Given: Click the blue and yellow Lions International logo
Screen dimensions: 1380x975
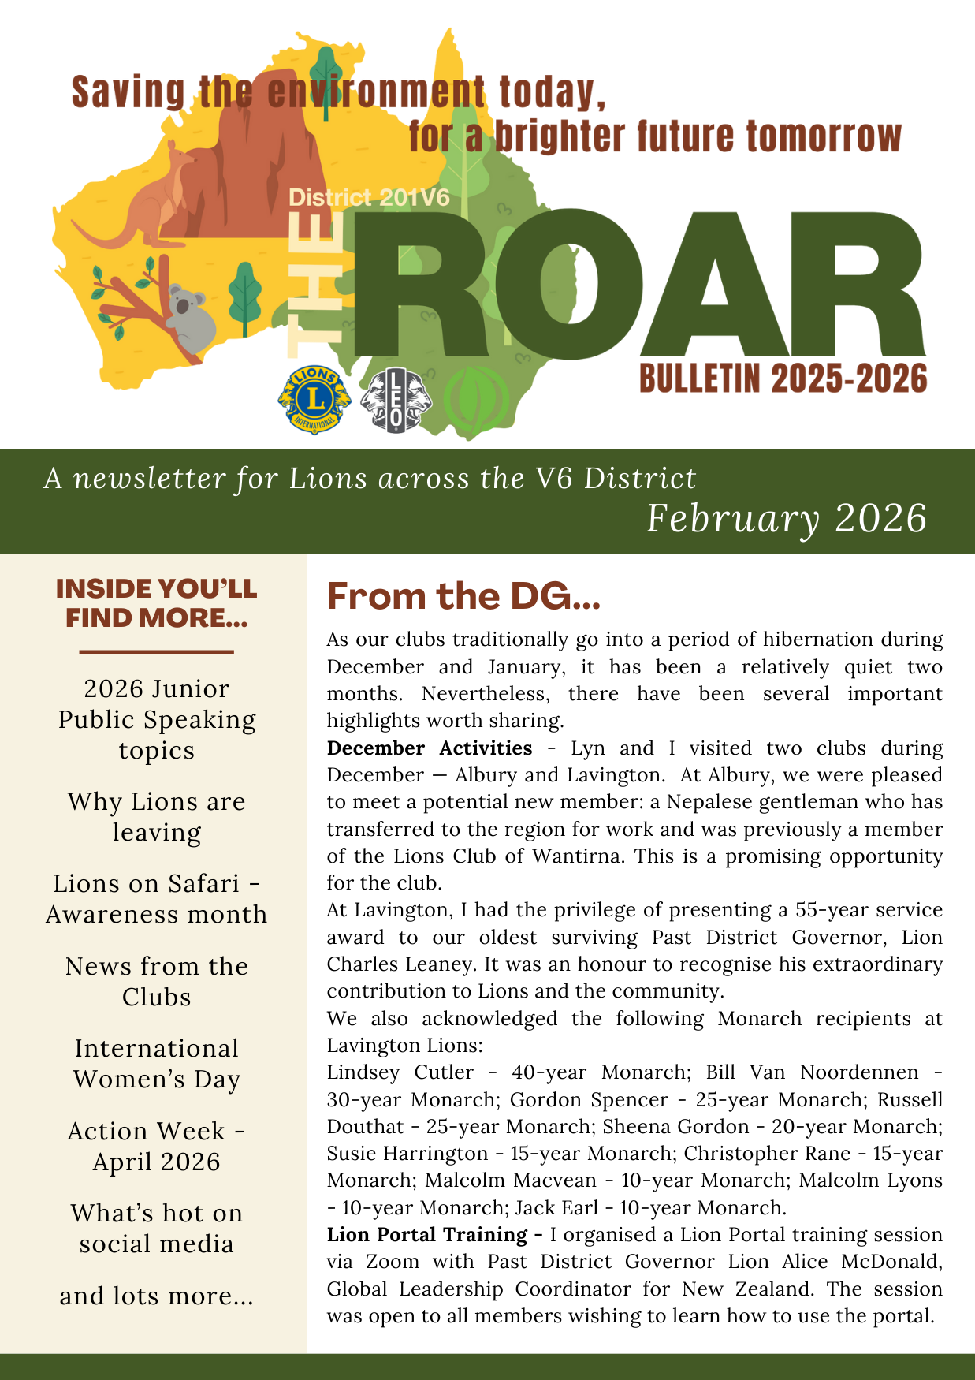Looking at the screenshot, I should [x=314, y=399].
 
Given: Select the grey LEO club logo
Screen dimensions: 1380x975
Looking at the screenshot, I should [x=396, y=401].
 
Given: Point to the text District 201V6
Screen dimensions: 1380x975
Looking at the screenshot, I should [x=369, y=197].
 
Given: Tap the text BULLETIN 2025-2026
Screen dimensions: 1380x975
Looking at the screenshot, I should [x=783, y=379].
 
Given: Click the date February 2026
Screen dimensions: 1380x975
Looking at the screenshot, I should [x=786, y=518].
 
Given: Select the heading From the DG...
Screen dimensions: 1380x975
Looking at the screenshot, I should [x=463, y=596].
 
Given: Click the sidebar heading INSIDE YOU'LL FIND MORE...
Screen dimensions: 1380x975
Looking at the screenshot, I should [x=157, y=603].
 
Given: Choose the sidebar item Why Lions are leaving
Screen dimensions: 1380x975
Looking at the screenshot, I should [x=157, y=817].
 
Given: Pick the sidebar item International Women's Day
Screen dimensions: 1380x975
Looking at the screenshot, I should [x=157, y=1064].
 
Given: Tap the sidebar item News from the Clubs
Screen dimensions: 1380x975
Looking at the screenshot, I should [x=157, y=982].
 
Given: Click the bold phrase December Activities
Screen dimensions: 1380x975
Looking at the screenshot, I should [x=430, y=748].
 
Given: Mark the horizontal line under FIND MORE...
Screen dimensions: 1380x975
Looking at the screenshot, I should [x=157, y=652].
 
